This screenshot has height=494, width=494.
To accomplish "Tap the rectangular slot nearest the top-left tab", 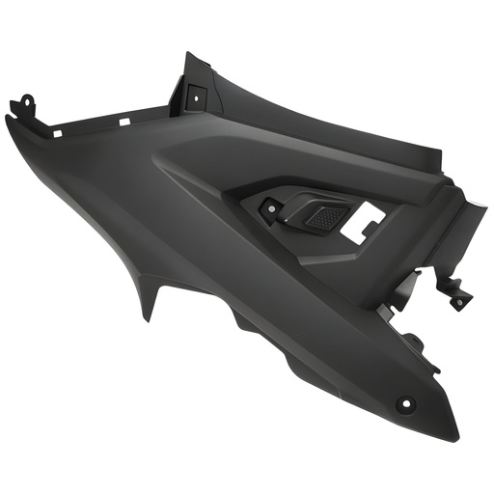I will click(57, 131).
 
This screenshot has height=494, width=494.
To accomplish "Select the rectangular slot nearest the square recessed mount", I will click(124, 121).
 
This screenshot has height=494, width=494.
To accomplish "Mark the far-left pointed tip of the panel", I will click(7, 118).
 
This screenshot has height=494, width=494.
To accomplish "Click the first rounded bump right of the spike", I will click(241, 324).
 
